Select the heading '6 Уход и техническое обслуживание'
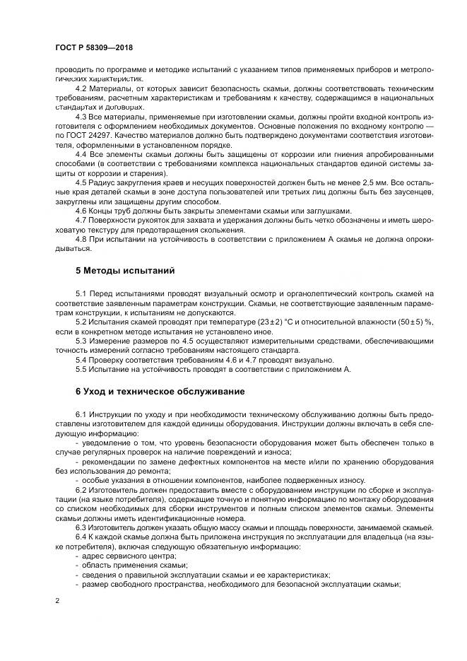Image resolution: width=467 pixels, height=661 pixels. [160, 391]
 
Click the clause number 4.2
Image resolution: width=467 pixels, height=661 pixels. [81, 88]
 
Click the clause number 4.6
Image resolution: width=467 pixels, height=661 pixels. [81, 211]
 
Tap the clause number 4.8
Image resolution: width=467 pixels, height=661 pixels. [81, 240]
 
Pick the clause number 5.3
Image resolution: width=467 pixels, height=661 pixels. [81, 341]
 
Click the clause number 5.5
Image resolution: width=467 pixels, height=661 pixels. [81, 368]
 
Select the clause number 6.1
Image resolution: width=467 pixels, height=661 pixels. [81, 412]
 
